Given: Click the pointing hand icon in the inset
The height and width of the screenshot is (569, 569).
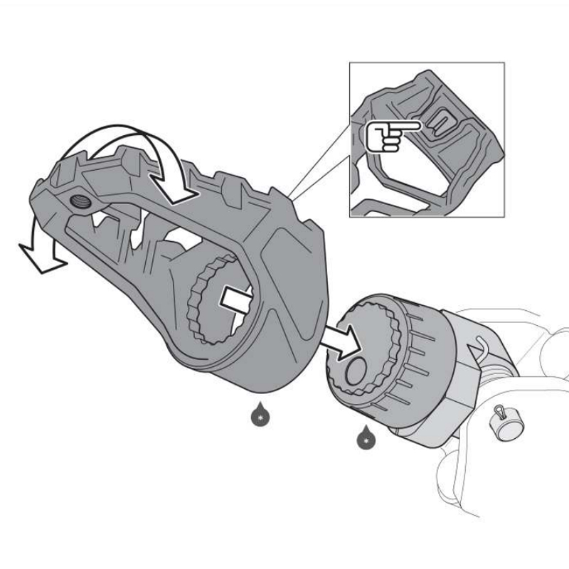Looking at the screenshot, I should (385, 134).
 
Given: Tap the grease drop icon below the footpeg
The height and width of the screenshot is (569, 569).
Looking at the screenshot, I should (260, 414).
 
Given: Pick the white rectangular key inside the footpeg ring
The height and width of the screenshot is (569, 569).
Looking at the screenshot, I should (239, 299).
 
